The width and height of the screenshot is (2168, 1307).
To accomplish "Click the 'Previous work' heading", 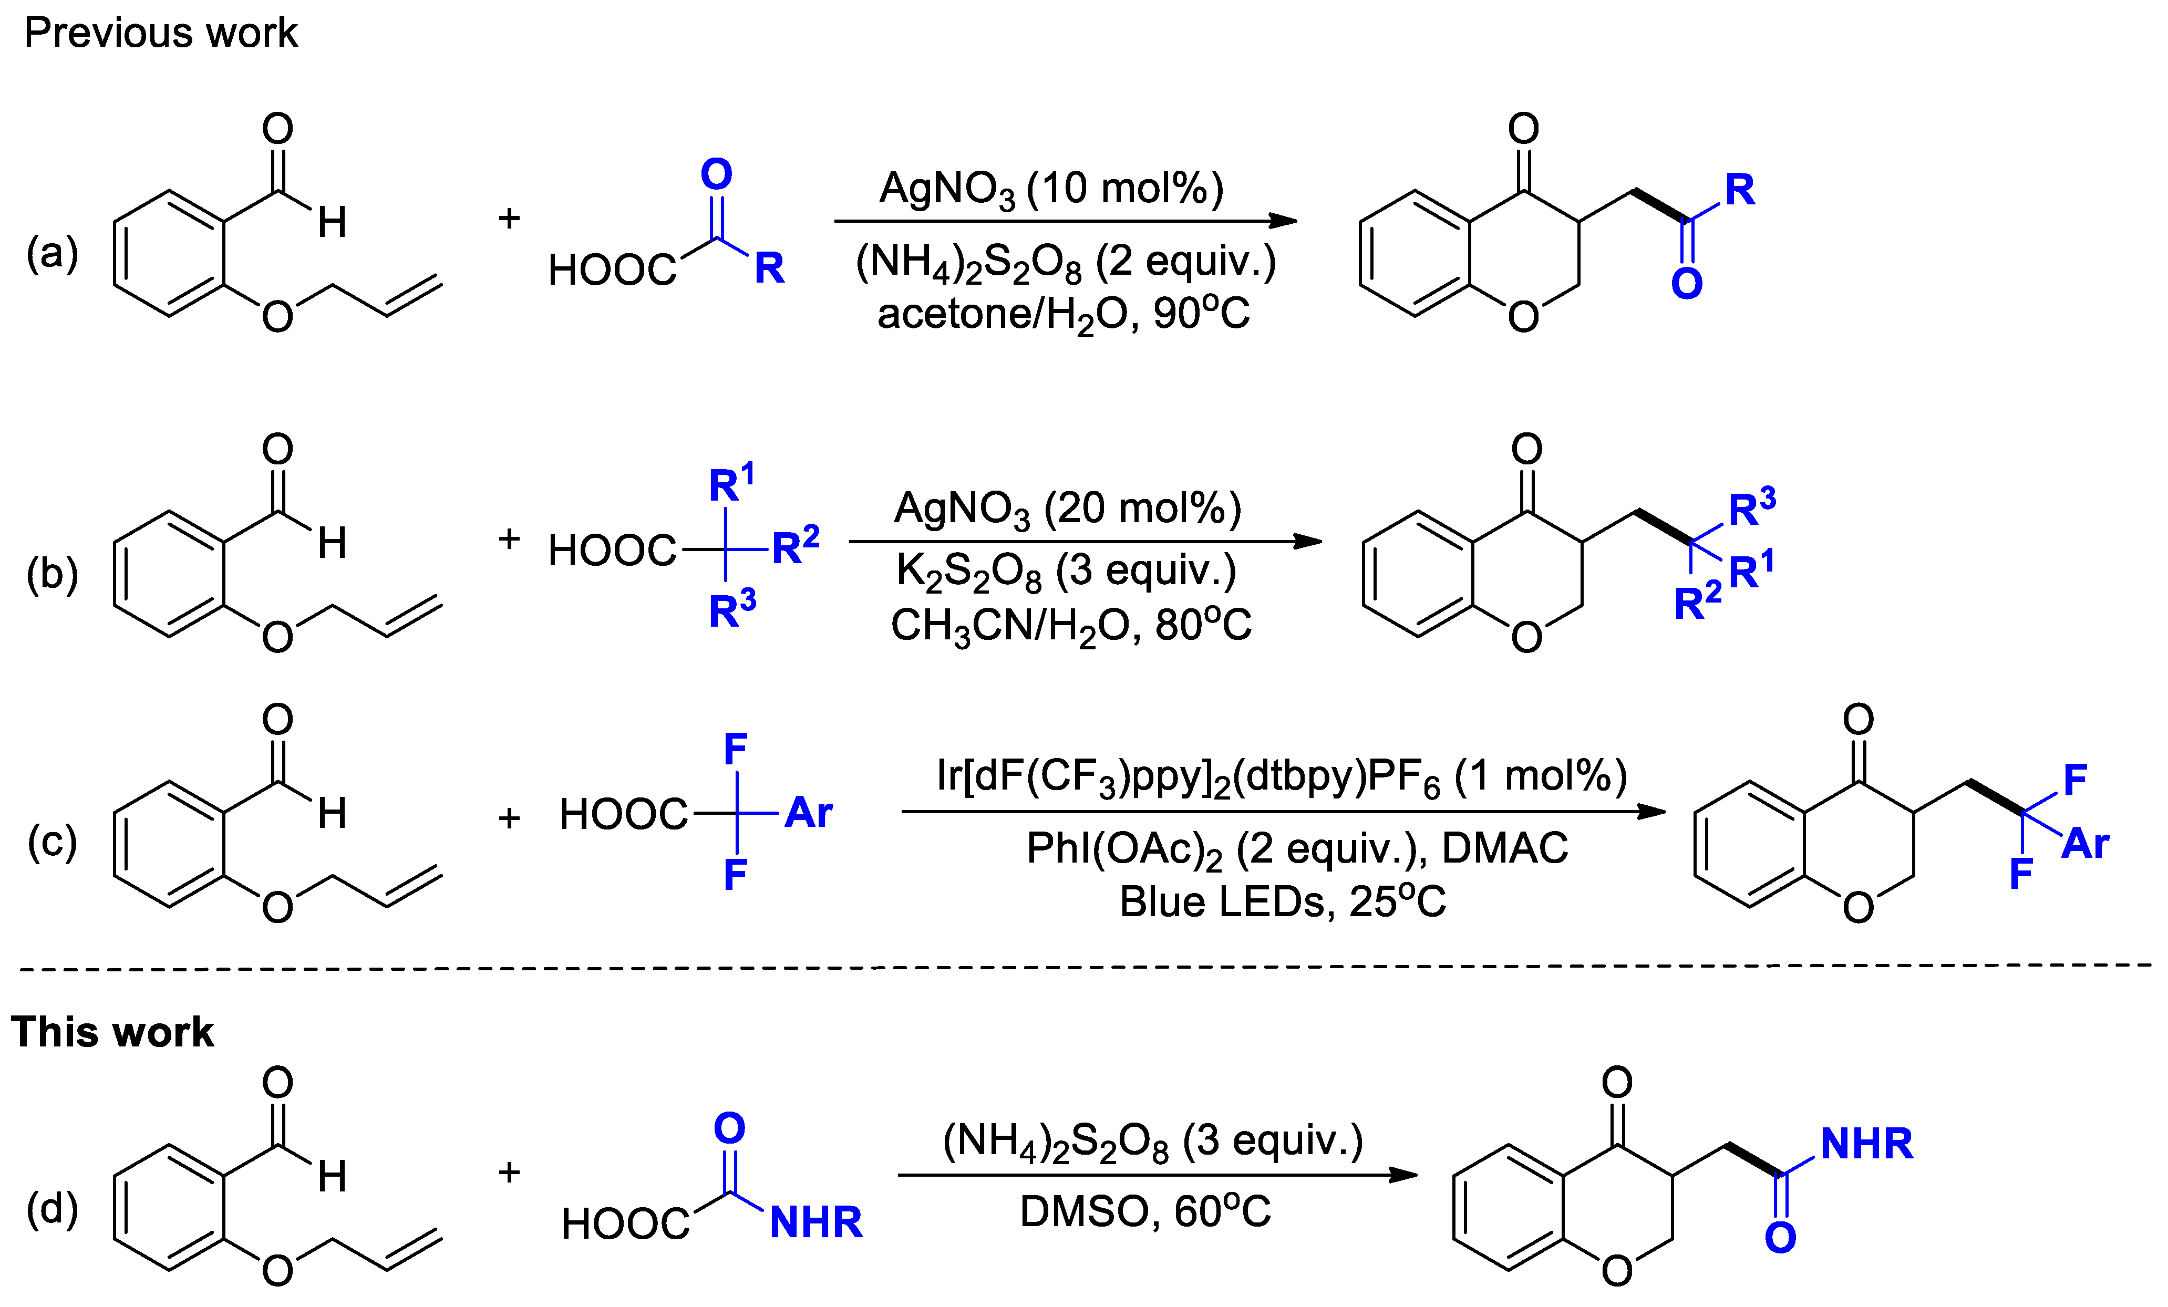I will (161, 34).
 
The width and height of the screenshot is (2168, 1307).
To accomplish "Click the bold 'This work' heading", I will (112, 1032).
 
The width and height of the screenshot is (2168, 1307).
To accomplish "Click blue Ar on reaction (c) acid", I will (809, 813).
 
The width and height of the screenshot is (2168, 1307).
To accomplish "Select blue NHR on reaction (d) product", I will (1866, 1144).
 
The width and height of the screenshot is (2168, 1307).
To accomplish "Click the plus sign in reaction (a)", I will (509, 218).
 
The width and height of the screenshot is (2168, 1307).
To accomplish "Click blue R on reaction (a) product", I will (1740, 190).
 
